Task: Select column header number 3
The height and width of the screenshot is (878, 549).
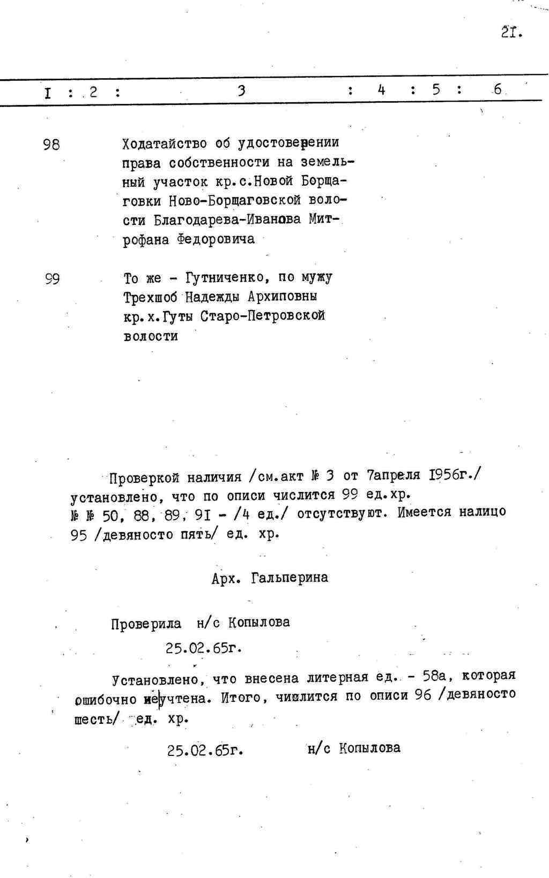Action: tap(241, 90)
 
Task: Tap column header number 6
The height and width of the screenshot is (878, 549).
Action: tap(498, 90)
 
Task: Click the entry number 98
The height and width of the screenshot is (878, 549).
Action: tap(51, 145)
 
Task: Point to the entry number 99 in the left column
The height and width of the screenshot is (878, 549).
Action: tap(51, 279)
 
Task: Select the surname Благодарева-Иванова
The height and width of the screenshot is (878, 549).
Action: tap(227, 220)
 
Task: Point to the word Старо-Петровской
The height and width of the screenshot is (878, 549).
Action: tap(263, 316)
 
